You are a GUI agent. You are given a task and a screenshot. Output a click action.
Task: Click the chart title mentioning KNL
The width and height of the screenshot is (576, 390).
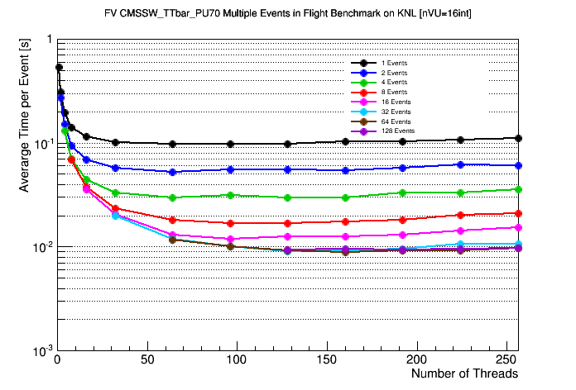288,13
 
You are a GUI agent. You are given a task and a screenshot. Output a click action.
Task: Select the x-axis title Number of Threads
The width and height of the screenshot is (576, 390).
464,373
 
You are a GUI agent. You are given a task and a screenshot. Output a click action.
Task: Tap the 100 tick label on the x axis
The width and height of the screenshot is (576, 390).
237,360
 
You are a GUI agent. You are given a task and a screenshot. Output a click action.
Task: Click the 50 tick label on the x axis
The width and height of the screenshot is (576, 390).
146,360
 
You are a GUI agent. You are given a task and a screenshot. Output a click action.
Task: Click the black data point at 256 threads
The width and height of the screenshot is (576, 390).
518,138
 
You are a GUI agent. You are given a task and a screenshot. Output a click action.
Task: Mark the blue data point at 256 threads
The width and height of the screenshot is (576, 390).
518,165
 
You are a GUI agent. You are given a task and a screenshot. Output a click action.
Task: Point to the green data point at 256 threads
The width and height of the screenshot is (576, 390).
518,189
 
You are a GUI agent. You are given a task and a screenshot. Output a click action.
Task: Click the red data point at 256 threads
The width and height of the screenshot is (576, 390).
518,213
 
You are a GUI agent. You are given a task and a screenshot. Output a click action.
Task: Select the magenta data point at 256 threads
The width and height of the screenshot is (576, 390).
518,227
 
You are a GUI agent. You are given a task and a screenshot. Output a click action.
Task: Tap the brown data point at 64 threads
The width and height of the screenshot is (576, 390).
172,240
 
